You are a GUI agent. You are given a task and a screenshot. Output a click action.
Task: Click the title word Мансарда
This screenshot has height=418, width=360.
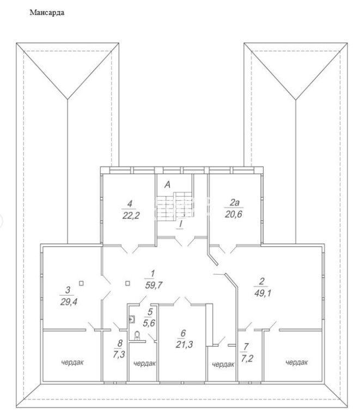(x=47, y=13)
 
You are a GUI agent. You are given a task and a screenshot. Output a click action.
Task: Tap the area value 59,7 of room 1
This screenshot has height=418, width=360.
(x=154, y=285)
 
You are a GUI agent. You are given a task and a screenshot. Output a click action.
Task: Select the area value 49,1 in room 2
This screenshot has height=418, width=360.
(x=263, y=293)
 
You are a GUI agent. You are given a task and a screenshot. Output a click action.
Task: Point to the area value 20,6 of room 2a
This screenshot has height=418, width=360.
(x=233, y=214)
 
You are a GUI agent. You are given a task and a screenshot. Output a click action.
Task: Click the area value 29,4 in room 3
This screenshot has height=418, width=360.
(x=69, y=302)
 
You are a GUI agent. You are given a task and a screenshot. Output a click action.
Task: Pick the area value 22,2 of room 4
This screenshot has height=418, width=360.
(x=131, y=216)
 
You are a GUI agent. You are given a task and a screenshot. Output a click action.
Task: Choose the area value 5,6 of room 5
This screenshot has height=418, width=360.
(x=149, y=323)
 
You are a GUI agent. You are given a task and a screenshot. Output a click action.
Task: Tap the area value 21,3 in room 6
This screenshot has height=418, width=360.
(x=184, y=345)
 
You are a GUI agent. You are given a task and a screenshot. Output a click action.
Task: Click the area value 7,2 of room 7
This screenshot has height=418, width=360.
(x=247, y=359)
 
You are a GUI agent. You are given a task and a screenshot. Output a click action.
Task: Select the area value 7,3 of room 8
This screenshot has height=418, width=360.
(x=119, y=355)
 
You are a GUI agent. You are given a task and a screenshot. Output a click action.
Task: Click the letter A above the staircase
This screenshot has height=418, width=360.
(x=167, y=185)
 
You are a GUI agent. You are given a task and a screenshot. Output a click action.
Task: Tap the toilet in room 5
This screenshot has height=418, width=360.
(x=137, y=335)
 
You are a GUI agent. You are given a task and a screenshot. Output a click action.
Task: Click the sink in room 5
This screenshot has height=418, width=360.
(x=132, y=319)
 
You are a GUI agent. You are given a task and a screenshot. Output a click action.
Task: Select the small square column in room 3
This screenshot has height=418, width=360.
(x=81, y=284)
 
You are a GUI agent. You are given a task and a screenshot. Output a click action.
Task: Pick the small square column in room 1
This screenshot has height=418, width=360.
(x=127, y=284)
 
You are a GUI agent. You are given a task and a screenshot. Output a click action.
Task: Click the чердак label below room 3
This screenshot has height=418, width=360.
(x=72, y=362)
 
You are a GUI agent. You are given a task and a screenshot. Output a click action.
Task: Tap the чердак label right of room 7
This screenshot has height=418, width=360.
(x=296, y=362)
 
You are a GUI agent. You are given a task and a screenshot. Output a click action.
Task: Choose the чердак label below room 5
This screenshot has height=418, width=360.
(x=144, y=363)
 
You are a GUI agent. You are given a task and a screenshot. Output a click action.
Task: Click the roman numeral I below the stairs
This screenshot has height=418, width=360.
(x=181, y=224)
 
